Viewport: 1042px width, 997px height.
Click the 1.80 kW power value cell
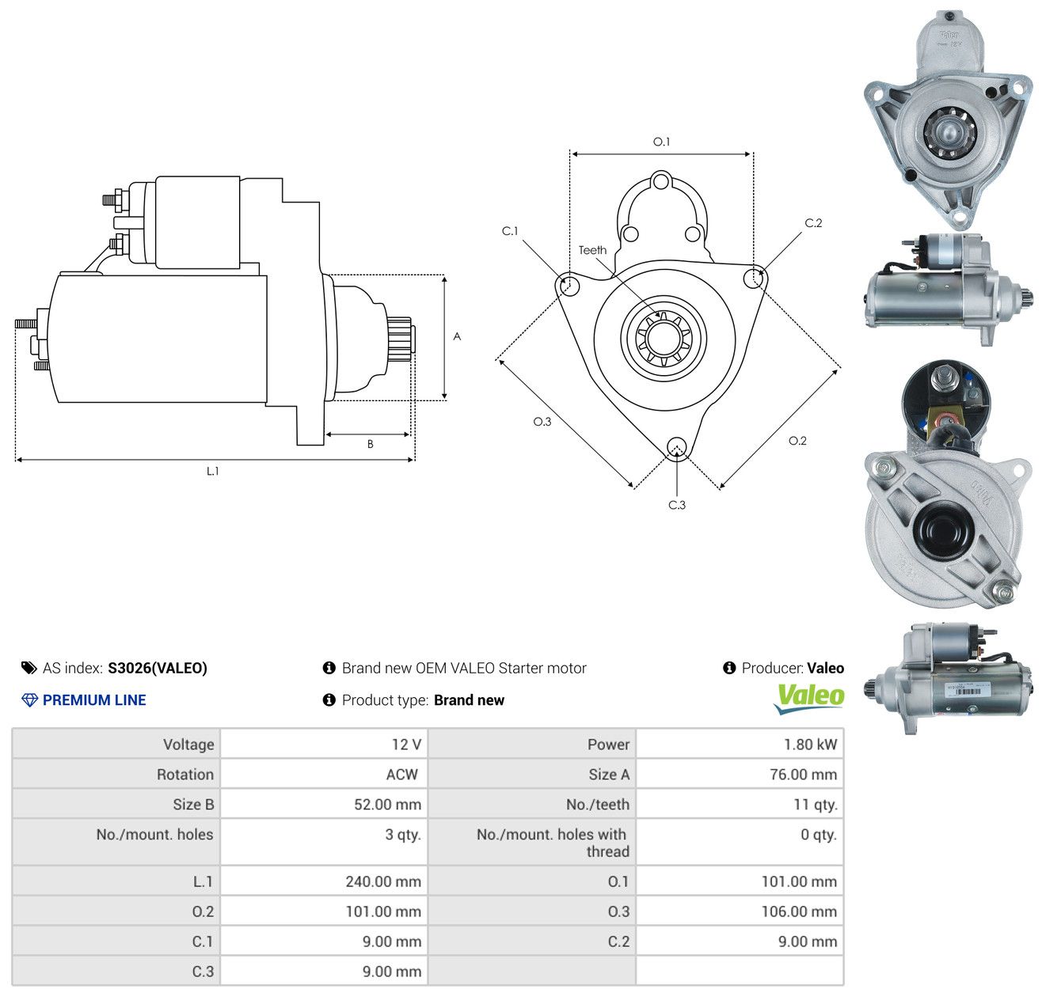[810, 745]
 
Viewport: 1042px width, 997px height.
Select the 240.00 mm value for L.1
[383, 881]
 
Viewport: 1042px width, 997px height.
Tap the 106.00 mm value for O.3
[799, 912]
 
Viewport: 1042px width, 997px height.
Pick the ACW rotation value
[401, 775]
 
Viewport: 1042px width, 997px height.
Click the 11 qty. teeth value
[815, 805]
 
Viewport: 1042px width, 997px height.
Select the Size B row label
[193, 805]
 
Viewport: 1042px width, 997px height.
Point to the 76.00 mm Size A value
[803, 775]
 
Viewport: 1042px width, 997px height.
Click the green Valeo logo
[808, 699]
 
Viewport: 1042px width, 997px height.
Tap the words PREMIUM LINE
[94, 700]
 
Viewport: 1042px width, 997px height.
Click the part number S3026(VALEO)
[158, 668]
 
